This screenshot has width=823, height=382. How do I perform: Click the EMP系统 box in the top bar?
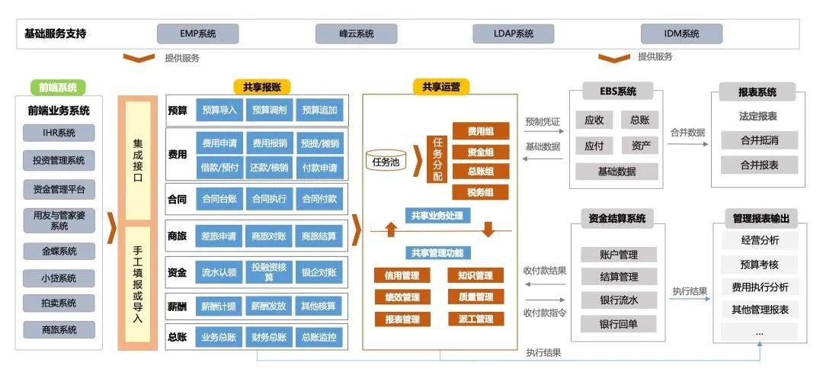coord(197,34)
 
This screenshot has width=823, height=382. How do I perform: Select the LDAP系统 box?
coord(514,34)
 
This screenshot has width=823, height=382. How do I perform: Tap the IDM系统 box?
coord(680,34)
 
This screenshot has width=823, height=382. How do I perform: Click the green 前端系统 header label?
coord(58,88)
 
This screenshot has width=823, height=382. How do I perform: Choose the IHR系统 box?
coord(59,133)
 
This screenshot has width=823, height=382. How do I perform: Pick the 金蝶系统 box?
coord(59,251)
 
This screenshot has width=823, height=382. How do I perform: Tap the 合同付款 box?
coord(319,199)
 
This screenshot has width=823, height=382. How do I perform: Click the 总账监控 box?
coord(319,337)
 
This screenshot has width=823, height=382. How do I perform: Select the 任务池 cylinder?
coord(385,161)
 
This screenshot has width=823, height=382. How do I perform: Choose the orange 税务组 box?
coord(480,192)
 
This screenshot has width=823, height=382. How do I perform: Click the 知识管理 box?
coord(476,275)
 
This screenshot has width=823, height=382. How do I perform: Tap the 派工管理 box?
coord(476,319)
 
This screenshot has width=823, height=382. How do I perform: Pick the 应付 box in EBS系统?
coord(594,146)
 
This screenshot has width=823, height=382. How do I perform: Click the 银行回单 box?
coord(618,324)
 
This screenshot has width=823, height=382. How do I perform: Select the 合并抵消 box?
coord(759,140)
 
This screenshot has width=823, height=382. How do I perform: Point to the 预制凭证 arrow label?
coord(543,121)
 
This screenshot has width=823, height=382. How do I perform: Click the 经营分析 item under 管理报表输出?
coord(759,240)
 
